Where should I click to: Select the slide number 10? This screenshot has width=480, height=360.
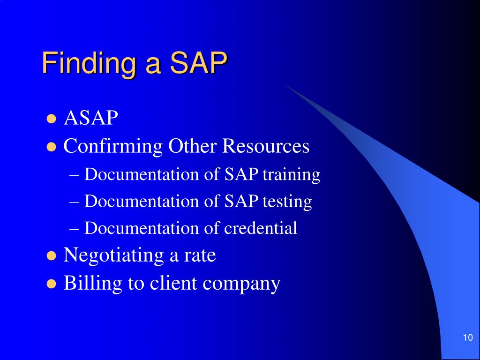click(x=467, y=338)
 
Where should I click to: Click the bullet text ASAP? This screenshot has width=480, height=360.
click(x=91, y=119)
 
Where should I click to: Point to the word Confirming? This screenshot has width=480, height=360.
click(x=113, y=147)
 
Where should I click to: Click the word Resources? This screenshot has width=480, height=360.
click(x=266, y=146)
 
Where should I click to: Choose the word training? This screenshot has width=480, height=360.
click(x=291, y=175)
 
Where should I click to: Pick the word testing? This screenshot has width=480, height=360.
click(x=287, y=202)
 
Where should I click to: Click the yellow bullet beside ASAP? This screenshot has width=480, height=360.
click(x=52, y=119)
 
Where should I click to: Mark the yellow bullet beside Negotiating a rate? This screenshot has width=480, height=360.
click(x=52, y=256)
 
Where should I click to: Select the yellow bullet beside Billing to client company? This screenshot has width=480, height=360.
click(x=52, y=284)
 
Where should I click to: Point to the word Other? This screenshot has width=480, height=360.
click(x=192, y=146)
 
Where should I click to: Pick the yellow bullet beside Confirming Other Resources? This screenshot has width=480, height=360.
click(x=52, y=147)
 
